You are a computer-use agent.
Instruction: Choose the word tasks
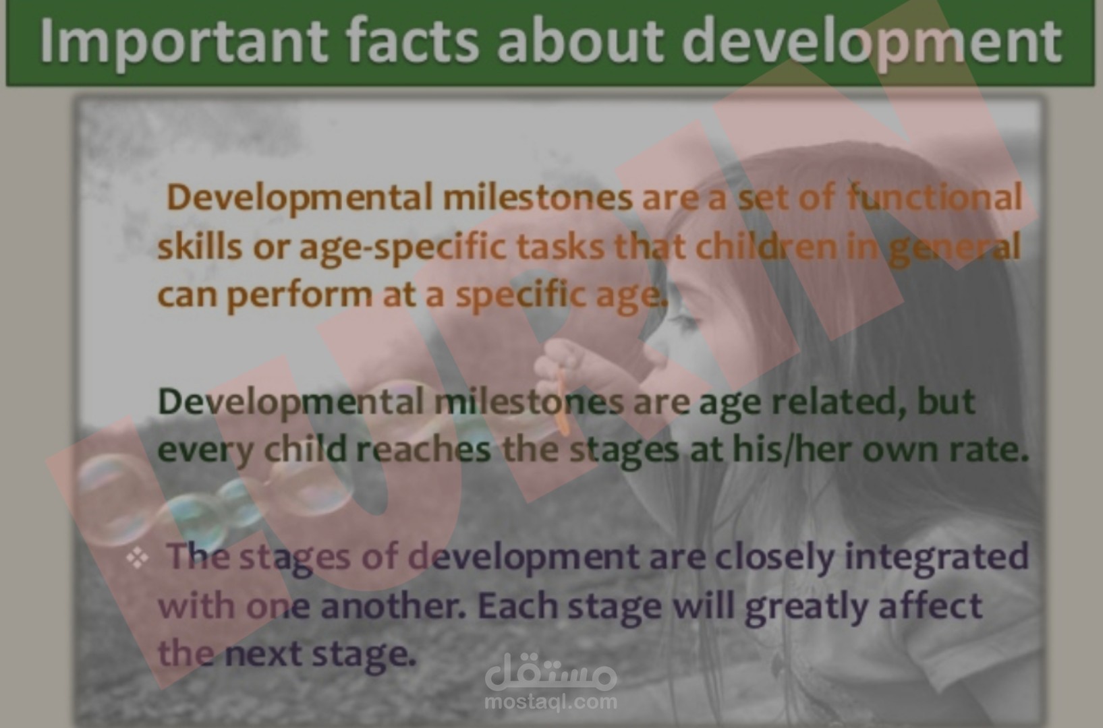tap(561, 246)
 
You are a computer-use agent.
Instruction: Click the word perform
tap(300, 296)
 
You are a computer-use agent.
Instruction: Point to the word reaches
tap(423, 450)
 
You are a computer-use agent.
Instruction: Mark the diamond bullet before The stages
tap(138, 559)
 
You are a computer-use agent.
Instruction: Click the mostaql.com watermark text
tap(550, 702)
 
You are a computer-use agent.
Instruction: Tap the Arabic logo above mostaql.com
tap(550, 671)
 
